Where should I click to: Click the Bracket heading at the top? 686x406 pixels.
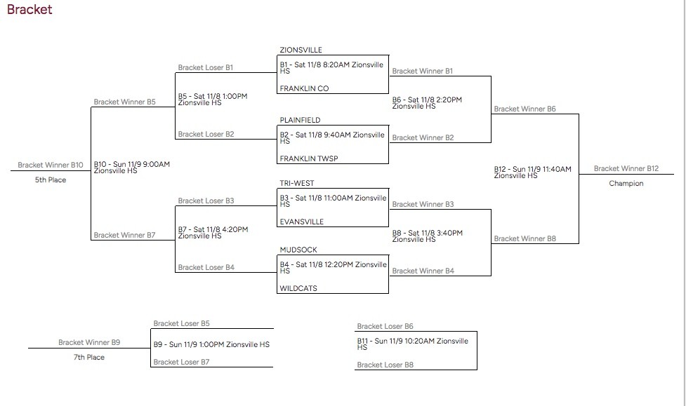(x=29, y=10)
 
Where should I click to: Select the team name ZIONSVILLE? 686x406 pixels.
(x=301, y=50)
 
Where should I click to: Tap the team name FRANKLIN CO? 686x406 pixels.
(x=303, y=89)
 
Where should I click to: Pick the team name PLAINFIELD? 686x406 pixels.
(x=300, y=121)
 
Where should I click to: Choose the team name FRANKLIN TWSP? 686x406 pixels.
(x=308, y=159)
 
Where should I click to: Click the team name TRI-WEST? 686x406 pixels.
(x=297, y=184)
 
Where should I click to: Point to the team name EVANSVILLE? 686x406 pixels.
(x=301, y=222)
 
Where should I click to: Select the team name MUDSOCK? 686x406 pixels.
(x=298, y=249)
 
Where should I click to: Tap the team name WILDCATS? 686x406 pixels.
(x=298, y=288)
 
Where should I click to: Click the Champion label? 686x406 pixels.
(x=626, y=184)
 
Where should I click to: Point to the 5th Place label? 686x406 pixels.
(x=50, y=180)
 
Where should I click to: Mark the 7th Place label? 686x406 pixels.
(x=89, y=358)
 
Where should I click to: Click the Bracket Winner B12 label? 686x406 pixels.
(x=626, y=169)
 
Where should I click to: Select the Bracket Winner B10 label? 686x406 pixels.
(x=51, y=165)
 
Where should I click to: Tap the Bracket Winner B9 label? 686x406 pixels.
(x=89, y=343)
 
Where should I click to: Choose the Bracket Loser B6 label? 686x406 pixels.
(x=385, y=327)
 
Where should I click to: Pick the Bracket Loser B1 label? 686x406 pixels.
(x=205, y=68)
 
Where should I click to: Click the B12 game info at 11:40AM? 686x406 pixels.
(x=532, y=172)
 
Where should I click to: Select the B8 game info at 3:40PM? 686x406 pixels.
(x=427, y=236)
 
